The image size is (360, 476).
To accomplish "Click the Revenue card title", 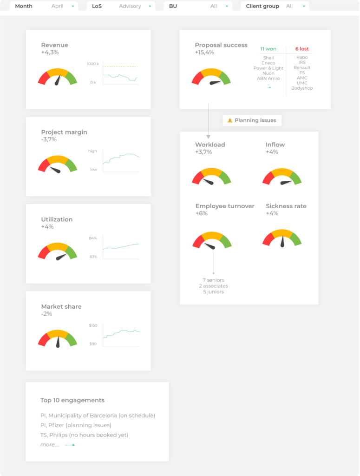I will [x=54, y=45].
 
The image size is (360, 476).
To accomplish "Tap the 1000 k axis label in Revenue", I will [x=93, y=64].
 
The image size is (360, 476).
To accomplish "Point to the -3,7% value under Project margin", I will [x=49, y=139].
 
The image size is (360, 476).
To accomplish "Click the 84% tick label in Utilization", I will [x=93, y=238].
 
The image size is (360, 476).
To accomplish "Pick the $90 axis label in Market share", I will [x=93, y=344].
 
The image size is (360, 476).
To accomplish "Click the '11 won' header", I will [x=268, y=49].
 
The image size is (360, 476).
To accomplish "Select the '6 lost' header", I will [x=302, y=49].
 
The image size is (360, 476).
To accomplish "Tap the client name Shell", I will [x=268, y=58].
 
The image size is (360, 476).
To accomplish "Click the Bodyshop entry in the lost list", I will [x=302, y=88].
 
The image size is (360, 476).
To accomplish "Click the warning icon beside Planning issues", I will [x=229, y=120].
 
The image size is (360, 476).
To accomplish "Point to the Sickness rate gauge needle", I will [x=282, y=242].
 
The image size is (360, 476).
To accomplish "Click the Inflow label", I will [x=275, y=145].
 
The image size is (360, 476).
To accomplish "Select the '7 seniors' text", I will [x=213, y=280].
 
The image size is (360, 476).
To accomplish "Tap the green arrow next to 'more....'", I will [x=70, y=445].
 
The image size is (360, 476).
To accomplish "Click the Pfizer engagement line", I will [x=76, y=425].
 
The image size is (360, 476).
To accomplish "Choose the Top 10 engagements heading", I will [x=72, y=400].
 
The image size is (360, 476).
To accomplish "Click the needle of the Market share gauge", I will [x=58, y=342].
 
